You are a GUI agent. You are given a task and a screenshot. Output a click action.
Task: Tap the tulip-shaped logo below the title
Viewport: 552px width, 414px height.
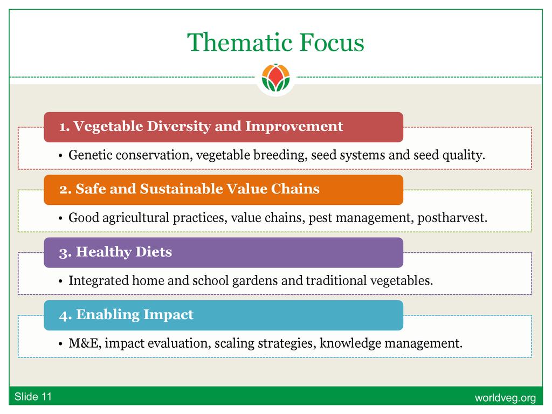click(x=276, y=78)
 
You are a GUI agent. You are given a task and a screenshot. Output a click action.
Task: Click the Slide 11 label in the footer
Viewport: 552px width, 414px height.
click(x=33, y=397)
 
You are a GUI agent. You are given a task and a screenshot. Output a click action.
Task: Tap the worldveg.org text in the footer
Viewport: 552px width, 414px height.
click(x=505, y=398)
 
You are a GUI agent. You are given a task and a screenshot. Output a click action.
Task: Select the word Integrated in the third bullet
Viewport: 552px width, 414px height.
click(x=99, y=280)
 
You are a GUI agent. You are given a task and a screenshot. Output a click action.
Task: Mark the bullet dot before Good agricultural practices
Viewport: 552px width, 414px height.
click(x=60, y=219)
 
